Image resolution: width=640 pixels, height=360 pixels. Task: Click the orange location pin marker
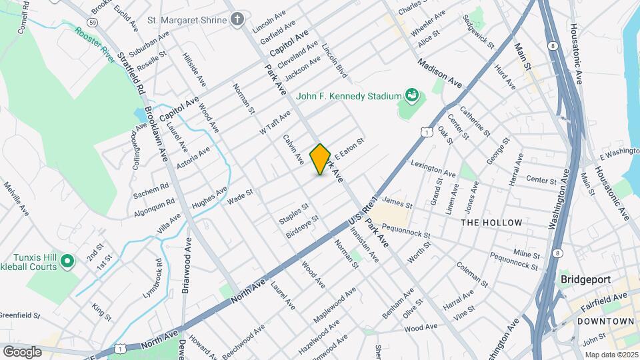coord(321,159)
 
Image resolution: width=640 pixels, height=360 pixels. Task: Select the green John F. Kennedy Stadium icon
coord(411,97)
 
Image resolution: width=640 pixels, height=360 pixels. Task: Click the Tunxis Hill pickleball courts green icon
coord(67,261)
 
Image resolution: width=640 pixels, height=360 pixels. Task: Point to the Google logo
coord(22,351)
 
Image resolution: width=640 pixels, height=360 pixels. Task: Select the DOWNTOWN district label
coord(606,321)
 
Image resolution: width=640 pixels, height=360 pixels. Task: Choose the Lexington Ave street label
coord(433,168)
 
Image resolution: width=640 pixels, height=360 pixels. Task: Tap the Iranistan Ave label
coord(364,243)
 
